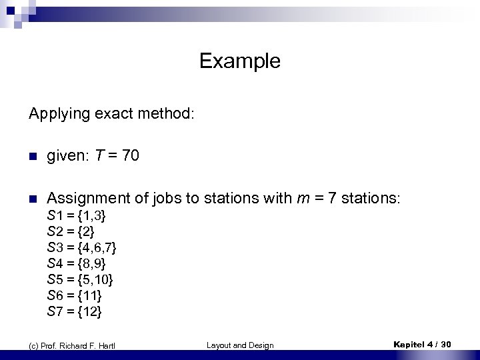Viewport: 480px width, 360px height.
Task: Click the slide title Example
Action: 239,61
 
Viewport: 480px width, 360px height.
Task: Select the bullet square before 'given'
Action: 32,157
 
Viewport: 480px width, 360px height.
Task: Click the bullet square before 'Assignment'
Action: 32,199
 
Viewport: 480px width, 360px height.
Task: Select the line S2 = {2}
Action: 71,232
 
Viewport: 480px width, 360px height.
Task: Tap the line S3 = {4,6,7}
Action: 82,248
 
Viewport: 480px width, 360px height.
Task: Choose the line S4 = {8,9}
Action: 77,263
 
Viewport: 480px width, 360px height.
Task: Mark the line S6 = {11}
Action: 75,295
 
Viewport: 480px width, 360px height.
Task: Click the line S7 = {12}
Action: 75,311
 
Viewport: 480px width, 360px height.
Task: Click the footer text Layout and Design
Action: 240,345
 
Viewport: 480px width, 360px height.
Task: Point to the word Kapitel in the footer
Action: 409,344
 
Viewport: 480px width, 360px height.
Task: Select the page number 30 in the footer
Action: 446,344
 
